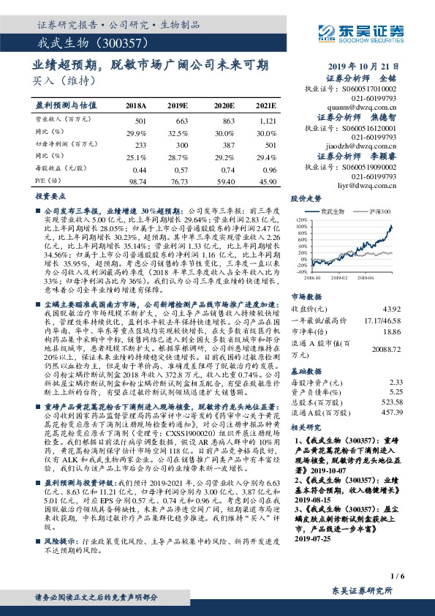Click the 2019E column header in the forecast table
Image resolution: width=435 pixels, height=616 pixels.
[x=178, y=105]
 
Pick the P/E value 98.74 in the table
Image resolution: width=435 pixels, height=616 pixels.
[x=137, y=180]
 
